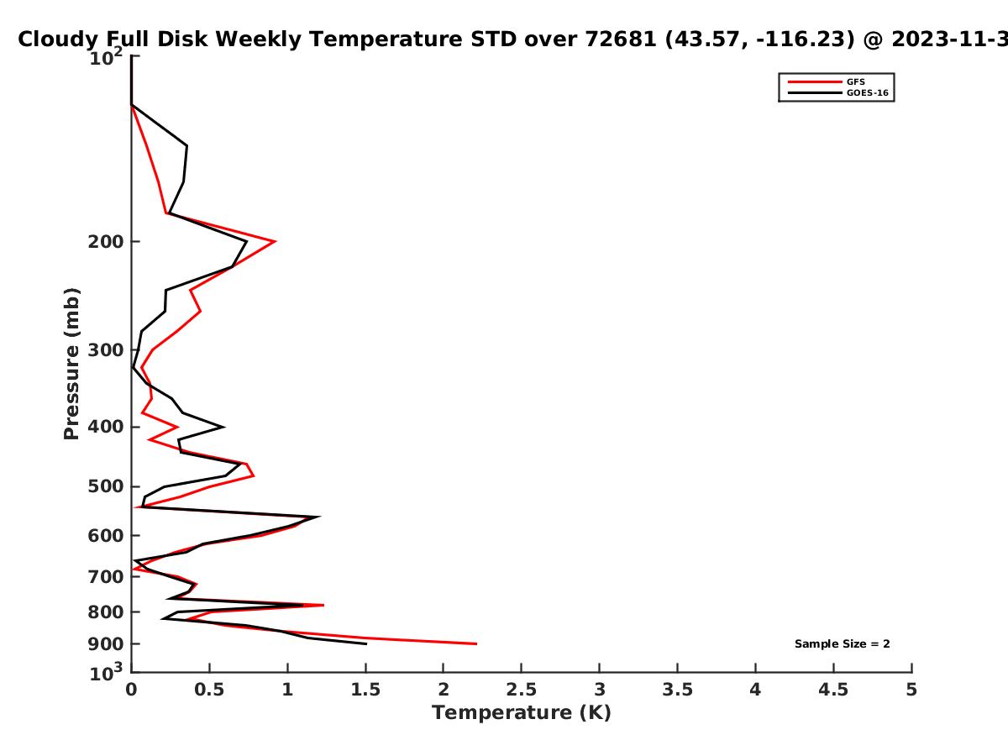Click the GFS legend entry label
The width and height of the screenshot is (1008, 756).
(855, 82)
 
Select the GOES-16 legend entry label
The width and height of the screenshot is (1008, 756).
(868, 93)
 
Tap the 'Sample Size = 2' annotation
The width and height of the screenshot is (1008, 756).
(843, 644)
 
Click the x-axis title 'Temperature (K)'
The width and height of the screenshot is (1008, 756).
(522, 713)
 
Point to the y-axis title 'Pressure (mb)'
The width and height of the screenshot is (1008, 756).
(71, 364)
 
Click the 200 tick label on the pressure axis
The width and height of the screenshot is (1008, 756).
(106, 242)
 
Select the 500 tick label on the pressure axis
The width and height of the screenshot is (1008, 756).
(106, 486)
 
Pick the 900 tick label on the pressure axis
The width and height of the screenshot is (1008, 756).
(106, 644)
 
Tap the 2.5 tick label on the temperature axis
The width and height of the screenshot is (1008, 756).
(522, 690)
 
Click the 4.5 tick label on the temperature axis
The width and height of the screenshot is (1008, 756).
(833, 690)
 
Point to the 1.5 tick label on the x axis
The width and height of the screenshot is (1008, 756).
(365, 690)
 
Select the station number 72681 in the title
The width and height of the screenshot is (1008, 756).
(621, 39)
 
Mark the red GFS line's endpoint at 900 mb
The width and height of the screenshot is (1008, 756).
(476, 644)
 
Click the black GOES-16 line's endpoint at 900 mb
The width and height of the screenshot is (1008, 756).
(366, 644)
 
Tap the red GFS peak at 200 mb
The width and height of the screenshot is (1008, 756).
(275, 241)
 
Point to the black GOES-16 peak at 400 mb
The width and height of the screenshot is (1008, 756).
(223, 428)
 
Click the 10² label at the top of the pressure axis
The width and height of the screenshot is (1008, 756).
(106, 57)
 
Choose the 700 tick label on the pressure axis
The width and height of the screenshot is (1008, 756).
(106, 577)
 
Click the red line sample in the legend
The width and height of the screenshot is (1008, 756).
(815, 82)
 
